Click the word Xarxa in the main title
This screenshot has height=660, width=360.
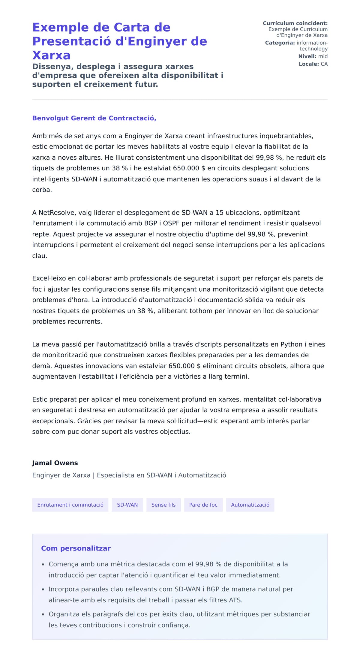(x=51, y=55)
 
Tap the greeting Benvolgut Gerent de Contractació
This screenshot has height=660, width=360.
(x=94, y=118)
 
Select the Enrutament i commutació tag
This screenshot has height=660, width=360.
(x=70, y=505)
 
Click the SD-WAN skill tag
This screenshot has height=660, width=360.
(x=127, y=505)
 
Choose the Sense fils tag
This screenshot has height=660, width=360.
(x=163, y=505)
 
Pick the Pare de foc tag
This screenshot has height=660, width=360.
(x=203, y=505)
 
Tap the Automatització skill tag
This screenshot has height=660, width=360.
(x=250, y=505)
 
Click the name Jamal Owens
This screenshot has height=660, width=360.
(x=55, y=463)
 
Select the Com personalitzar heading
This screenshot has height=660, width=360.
(x=76, y=548)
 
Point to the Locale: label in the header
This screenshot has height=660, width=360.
(x=309, y=64)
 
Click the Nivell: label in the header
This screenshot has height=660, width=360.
(x=307, y=56)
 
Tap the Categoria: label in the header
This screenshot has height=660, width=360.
(x=280, y=43)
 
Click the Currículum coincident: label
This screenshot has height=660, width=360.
(x=295, y=23)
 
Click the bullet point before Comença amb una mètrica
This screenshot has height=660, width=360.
(x=43, y=565)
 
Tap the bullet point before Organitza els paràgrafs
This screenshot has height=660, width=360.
(x=43, y=615)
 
